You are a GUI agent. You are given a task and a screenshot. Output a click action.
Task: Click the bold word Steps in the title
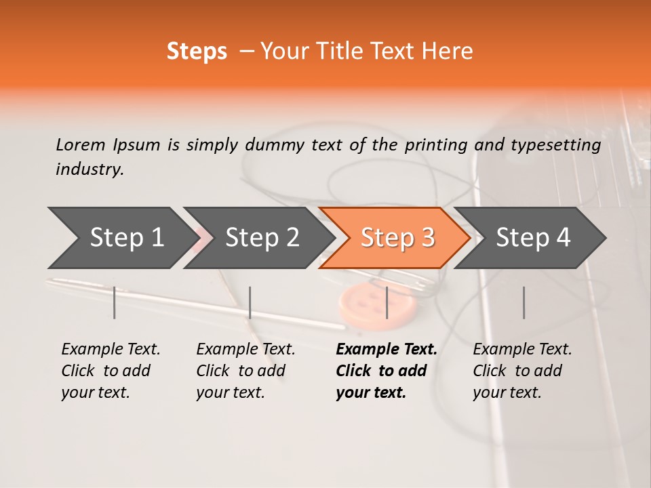click(197, 52)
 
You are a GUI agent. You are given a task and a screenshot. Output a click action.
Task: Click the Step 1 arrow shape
click(122, 238)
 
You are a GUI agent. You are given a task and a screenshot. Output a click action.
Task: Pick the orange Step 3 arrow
click(397, 238)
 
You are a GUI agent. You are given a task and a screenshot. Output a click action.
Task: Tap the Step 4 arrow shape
click(532, 238)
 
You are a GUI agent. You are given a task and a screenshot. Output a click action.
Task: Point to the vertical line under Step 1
click(115, 302)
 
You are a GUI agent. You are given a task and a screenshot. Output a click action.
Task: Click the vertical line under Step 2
click(250, 302)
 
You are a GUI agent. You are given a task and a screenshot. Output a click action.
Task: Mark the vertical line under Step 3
click(387, 302)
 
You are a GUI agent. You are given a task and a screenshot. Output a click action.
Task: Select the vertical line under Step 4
click(524, 302)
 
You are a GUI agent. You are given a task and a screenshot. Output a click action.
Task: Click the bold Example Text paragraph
click(386, 371)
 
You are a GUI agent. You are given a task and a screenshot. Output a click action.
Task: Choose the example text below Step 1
click(111, 371)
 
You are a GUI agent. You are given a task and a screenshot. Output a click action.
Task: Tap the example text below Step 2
click(245, 371)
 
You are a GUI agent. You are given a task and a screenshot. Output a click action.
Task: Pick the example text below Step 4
click(522, 371)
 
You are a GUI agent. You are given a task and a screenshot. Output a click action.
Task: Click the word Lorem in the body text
click(80, 145)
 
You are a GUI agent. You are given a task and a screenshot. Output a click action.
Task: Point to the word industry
click(89, 169)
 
